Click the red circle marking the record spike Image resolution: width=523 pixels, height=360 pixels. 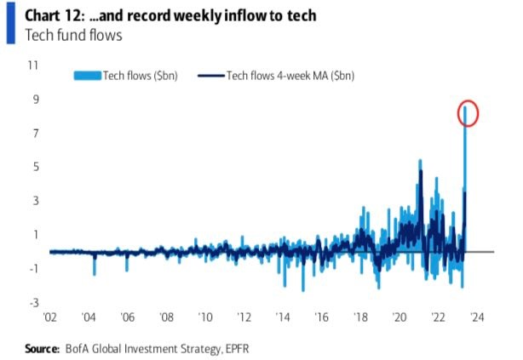(468, 112)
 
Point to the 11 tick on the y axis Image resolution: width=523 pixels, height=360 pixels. (34, 65)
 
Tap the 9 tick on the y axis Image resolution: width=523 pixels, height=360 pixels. (36, 99)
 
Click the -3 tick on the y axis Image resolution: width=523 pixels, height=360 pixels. (33, 302)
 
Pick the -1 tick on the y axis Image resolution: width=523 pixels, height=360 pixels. (33, 268)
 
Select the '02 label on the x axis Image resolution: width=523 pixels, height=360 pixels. (49, 317)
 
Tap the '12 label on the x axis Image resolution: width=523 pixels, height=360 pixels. (245, 317)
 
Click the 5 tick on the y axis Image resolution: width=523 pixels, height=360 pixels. (36, 167)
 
